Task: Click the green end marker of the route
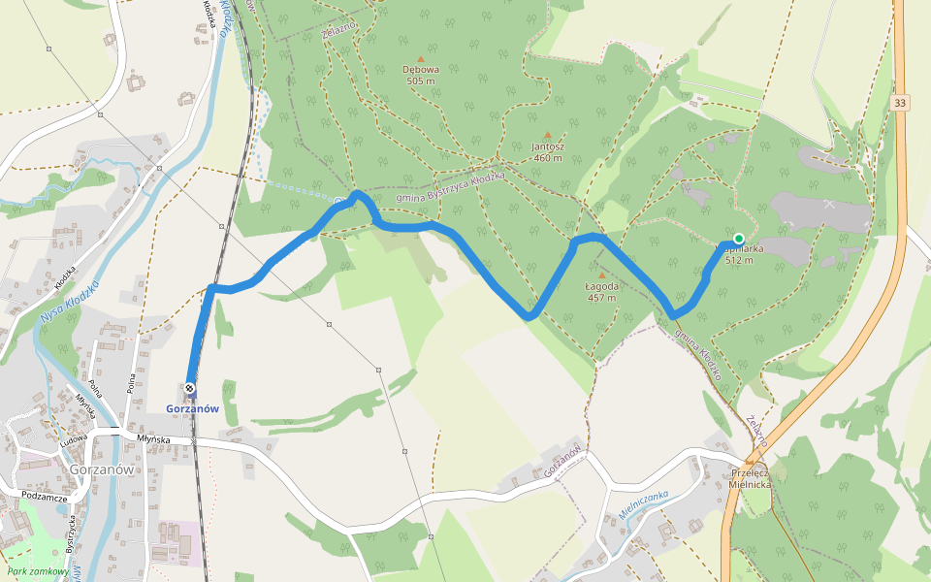pyautogui.click(x=739, y=239)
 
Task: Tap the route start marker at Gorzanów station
pyautogui.click(x=190, y=389)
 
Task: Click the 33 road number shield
pyautogui.click(x=901, y=103)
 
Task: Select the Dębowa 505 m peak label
pyautogui.click(x=421, y=76)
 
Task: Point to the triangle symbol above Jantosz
pyautogui.click(x=548, y=135)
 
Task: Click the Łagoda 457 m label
pyautogui.click(x=601, y=292)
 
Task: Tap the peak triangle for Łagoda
pyautogui.click(x=601, y=275)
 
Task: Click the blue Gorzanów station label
pyautogui.click(x=192, y=408)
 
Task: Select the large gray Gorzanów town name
pyautogui.click(x=101, y=469)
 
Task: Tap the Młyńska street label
pyautogui.click(x=153, y=439)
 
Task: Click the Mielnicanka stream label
pyautogui.click(x=644, y=501)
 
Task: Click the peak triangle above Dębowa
pyautogui.click(x=421, y=58)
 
